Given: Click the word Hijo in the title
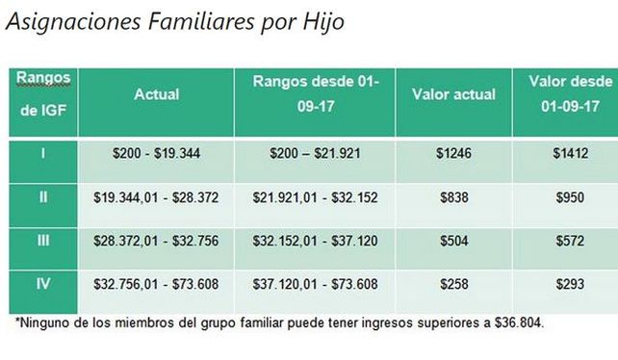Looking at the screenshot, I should pyautogui.click(x=317, y=20).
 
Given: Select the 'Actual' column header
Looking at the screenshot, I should pyautogui.click(x=157, y=94).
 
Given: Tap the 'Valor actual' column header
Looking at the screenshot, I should pyautogui.click(x=453, y=94).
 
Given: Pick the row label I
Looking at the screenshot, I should pyautogui.click(x=42, y=152).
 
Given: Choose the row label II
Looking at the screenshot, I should pyautogui.click(x=42, y=196).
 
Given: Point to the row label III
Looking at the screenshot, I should pyautogui.click(x=42, y=241).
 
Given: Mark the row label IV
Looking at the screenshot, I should pyautogui.click(x=42, y=286).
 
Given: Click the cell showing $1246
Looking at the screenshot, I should pyautogui.click(x=453, y=152).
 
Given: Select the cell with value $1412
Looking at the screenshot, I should pyautogui.click(x=571, y=152).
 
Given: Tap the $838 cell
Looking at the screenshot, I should pyautogui.click(x=453, y=196).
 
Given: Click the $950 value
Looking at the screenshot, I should pyautogui.click(x=571, y=196).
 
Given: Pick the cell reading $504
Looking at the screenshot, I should pyautogui.click(x=453, y=241).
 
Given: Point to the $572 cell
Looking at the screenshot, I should pyautogui.click(x=571, y=241).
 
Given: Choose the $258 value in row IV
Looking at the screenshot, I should pyautogui.click(x=453, y=286).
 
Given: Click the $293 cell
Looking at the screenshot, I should pyautogui.click(x=571, y=286).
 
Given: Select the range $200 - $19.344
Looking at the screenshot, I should pyautogui.click(x=157, y=152).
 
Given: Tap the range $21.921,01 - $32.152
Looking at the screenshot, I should pyautogui.click(x=315, y=196).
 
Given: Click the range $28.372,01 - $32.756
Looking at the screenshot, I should pyautogui.click(x=157, y=241).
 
